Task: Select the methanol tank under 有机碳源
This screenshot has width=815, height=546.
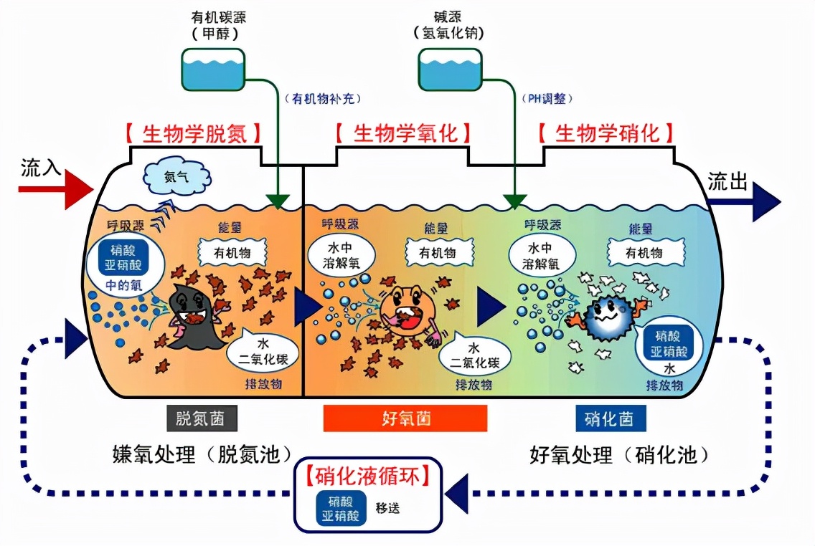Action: [212, 68]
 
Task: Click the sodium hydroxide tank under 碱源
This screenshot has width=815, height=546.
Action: [448, 68]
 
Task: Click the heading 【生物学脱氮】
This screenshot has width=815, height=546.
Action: [192, 134]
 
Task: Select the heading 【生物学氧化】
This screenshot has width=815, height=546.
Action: [404, 134]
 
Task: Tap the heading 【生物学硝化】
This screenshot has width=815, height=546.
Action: [607, 134]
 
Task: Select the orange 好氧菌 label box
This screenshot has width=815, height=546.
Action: [405, 418]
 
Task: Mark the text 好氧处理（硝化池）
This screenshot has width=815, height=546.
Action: [620, 454]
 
